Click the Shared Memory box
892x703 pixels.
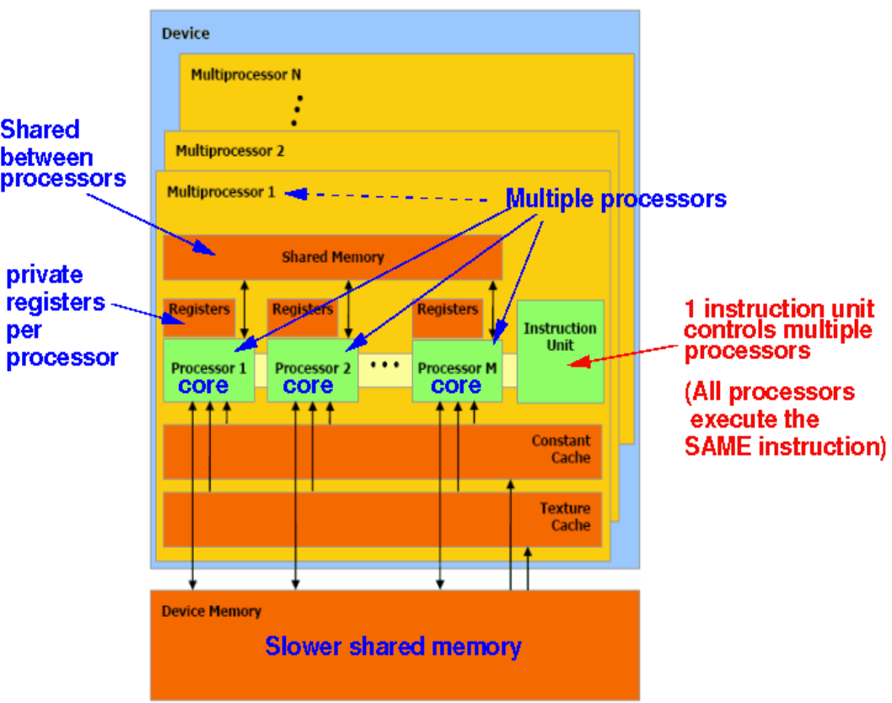point(332,257)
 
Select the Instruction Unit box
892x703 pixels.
point(560,351)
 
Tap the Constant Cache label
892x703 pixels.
point(561,449)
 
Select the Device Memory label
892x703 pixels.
point(211,611)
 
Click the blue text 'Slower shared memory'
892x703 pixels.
point(393,647)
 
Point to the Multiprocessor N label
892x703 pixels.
point(245,74)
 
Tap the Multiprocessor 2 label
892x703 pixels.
point(229,152)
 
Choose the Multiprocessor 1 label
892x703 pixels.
point(221,191)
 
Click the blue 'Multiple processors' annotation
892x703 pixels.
point(615,199)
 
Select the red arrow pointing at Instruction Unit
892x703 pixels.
point(624,358)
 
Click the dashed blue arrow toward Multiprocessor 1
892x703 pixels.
point(388,196)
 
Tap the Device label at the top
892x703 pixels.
point(185,34)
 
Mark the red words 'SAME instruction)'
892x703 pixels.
point(784,447)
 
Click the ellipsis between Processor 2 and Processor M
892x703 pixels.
point(384,365)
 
